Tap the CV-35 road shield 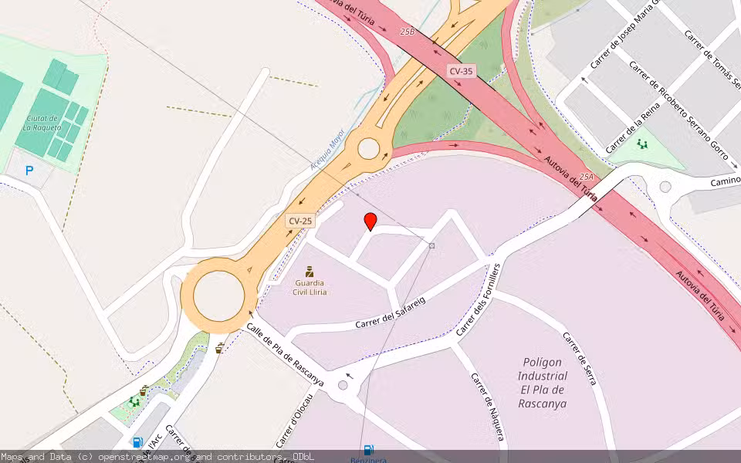461,71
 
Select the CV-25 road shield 300,221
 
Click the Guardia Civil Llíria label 310,287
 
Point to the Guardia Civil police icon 310,271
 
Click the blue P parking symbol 29,171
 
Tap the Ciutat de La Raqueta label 43,123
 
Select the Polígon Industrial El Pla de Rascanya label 542,383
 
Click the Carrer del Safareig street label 391,313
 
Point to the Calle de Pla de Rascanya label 285,350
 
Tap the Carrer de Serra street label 580,359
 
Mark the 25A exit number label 586,177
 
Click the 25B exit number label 407,32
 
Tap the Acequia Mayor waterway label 327,150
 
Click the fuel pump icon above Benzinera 369,449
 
